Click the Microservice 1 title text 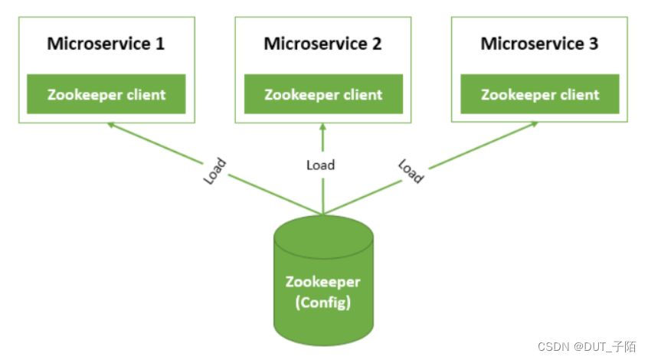pos(106,43)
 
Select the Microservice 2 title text pos(322,43)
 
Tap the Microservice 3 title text pos(539,43)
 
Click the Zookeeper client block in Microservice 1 pos(106,95)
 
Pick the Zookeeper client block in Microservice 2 pos(323,95)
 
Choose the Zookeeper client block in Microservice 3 pos(540,95)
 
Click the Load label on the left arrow pos(215,170)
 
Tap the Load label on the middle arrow pos(320,165)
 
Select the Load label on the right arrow pos(411,171)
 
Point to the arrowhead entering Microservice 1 pos(111,124)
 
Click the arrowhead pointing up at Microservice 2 pos(323,126)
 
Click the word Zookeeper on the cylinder pos(322,282)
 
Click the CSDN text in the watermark pos(552,346)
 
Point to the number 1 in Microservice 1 pos(160,43)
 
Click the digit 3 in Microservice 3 pos(594,43)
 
